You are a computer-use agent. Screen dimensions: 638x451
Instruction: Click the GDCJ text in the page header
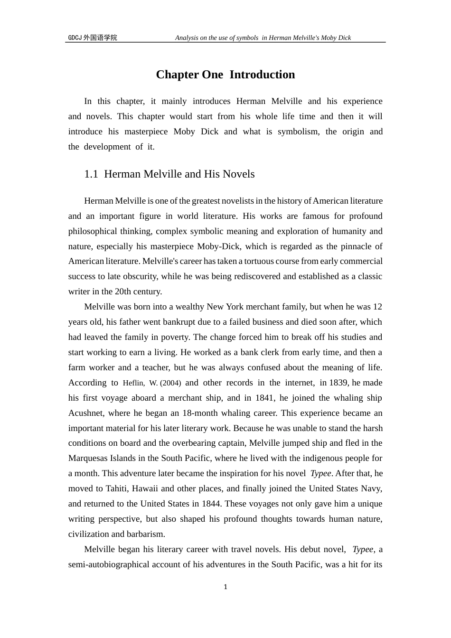click(75, 38)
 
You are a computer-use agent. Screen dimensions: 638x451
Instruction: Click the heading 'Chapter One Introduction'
click(225, 75)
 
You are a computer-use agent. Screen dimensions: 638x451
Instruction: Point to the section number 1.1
click(91, 174)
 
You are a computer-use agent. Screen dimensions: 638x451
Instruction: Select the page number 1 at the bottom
click(225, 587)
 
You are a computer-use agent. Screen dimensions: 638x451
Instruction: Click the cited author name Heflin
click(133, 383)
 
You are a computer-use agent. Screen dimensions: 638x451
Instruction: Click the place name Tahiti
click(116, 488)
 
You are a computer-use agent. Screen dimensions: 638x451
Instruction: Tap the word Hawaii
click(145, 488)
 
